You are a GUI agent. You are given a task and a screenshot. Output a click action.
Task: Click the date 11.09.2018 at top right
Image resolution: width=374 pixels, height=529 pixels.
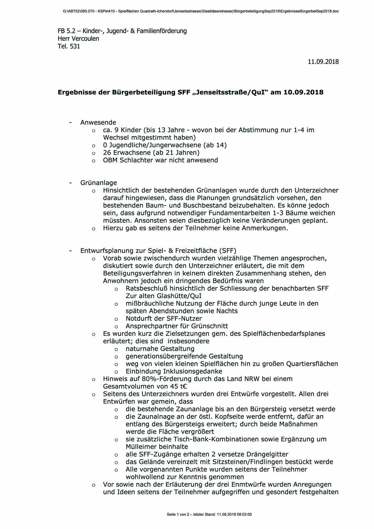[x=323, y=62]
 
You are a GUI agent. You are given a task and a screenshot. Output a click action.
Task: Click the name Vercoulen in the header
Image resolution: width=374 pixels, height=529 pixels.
[x=86, y=39]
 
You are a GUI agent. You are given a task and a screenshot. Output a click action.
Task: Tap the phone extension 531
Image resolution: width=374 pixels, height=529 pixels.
[x=75, y=46]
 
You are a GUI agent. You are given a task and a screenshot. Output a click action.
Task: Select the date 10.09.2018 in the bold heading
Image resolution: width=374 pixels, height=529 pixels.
[x=303, y=92]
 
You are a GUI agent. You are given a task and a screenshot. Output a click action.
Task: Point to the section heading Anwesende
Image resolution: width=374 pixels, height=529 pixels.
[x=98, y=122]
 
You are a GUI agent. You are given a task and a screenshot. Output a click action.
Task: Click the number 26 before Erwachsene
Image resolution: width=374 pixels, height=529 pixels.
[x=107, y=153]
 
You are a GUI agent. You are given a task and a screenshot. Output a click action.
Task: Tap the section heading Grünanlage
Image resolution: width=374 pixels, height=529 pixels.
[x=98, y=183]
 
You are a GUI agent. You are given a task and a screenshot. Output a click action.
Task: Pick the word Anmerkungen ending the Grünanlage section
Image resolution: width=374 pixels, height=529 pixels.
[x=264, y=228]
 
